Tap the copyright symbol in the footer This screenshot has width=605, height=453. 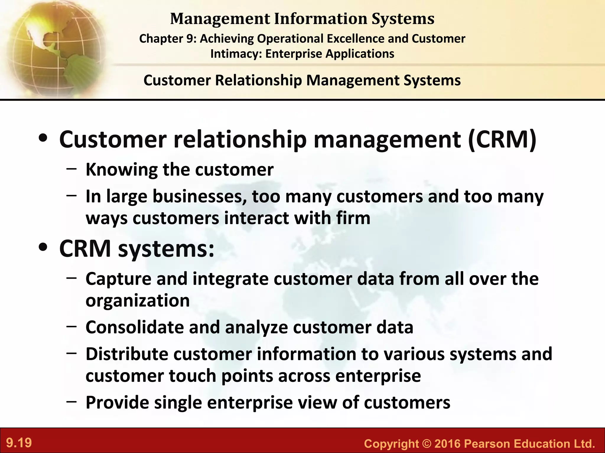[x=427, y=444]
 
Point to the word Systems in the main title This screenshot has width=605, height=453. [x=403, y=19]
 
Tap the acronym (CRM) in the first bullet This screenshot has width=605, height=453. [x=502, y=139]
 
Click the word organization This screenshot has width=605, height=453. [x=138, y=301]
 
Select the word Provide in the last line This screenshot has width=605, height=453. [x=117, y=402]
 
